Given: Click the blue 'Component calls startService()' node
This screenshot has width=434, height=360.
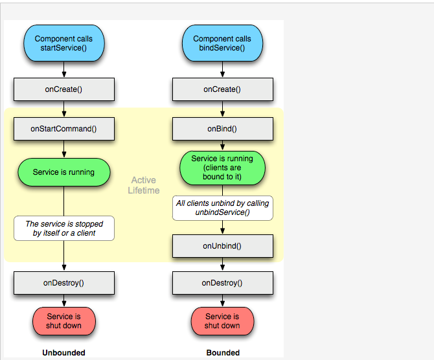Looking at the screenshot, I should coord(63,43).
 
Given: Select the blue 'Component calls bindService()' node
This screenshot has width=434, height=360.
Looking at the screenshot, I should coord(222,43).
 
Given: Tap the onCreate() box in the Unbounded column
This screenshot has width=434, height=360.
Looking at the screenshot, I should coord(63,89).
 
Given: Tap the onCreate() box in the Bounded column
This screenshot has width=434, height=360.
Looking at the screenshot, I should coord(222,89).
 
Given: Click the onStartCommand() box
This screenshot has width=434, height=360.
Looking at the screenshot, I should coord(63,128).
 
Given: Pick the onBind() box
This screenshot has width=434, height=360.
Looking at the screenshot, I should coord(222,128).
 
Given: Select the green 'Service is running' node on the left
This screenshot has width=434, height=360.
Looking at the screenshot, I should coord(63,172).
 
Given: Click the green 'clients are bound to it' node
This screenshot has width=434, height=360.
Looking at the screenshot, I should coord(222,168).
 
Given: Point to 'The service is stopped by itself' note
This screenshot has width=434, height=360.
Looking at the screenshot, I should coord(63,228).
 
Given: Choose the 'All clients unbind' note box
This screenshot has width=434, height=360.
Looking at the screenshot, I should coord(222,208).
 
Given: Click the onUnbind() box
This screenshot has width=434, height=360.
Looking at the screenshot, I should coord(222,245).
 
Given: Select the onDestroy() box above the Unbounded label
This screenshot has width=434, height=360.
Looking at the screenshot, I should coord(63,283).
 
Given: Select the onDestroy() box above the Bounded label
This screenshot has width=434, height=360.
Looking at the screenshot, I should coord(222,283).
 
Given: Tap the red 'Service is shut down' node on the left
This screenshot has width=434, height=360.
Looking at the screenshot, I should coord(63,321).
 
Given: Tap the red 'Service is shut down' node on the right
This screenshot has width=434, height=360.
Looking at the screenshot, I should coord(222,321).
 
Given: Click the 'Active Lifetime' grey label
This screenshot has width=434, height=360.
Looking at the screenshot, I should coord(143,185).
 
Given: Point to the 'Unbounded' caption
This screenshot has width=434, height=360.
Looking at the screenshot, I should coord(63,353).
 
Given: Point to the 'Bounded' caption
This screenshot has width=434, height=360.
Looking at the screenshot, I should coord(223,353).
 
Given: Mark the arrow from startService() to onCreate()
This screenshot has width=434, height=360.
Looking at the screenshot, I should coord(63,70).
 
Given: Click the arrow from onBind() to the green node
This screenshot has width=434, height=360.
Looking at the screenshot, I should coord(222,146).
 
